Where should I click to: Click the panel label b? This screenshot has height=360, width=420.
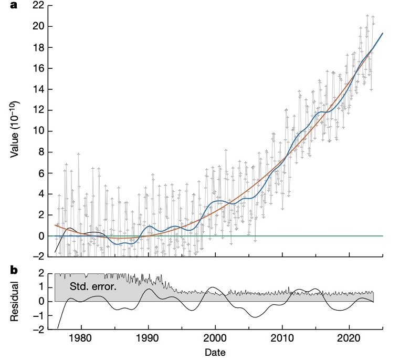point(14,270)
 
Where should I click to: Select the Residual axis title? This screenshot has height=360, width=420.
point(16,302)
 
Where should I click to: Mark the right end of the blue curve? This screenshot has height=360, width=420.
point(383,33)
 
